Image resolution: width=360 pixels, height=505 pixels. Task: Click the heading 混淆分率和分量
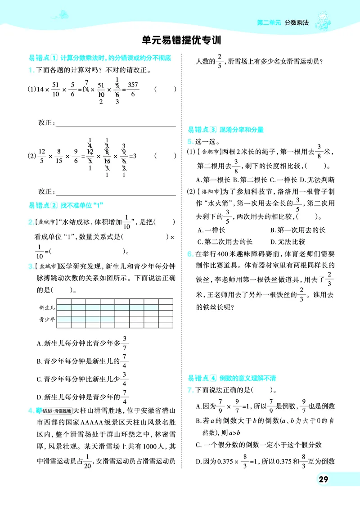241,130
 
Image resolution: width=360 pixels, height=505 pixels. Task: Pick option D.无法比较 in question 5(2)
290,241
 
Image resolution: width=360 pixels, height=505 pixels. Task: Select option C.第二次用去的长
225,241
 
